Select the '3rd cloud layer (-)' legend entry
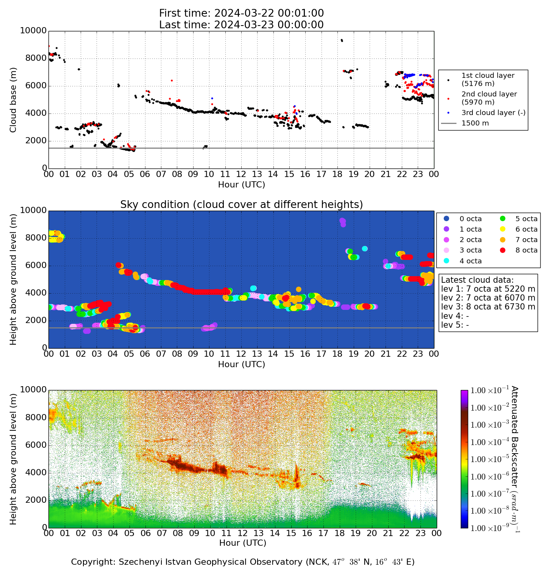point(493,113)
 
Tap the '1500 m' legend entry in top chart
point(475,124)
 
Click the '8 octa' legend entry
point(526,250)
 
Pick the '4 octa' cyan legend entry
point(470,261)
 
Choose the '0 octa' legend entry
point(470,219)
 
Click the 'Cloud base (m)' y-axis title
point(14,100)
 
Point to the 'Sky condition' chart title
point(241,205)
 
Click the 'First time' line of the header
point(241,14)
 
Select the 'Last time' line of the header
point(241,25)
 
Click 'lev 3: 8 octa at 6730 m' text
point(488,307)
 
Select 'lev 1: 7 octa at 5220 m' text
point(488,289)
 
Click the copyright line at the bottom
point(243,562)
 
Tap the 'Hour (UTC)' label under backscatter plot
point(243,543)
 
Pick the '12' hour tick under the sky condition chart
point(241,354)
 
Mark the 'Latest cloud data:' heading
point(477,280)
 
